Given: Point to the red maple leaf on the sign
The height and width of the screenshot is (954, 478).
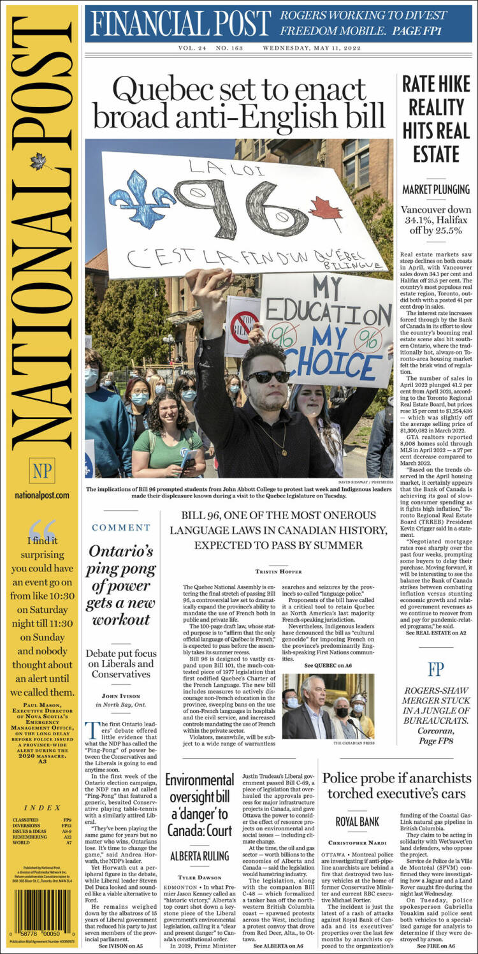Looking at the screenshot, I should [x=326, y=213].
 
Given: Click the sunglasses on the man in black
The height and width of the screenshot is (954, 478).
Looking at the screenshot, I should [x=268, y=376].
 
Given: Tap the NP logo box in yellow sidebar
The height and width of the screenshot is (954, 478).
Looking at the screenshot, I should [x=42, y=470].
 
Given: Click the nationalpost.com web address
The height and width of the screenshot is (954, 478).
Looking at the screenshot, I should [x=42, y=495].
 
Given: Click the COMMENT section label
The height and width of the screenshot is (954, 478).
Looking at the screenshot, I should [x=120, y=527].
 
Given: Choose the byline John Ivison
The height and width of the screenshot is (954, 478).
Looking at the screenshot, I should [x=120, y=695].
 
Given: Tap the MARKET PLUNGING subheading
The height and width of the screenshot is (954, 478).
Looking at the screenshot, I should [x=437, y=189].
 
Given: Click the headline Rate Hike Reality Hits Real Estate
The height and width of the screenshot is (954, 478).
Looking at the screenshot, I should [x=437, y=119].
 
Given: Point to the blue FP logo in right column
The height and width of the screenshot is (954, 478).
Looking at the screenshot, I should [x=436, y=669].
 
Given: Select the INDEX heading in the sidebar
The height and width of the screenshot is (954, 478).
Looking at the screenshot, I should [x=42, y=807].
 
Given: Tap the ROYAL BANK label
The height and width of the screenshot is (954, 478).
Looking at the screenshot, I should [x=357, y=822].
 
